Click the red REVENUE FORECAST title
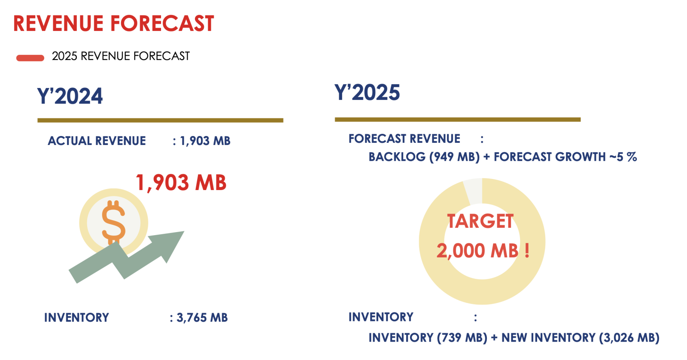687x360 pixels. (x=114, y=24)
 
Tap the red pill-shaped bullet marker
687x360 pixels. (x=30, y=58)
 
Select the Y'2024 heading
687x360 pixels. (x=70, y=96)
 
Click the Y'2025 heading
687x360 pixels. (x=367, y=92)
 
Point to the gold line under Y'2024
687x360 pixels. (x=161, y=121)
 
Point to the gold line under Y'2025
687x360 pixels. (x=458, y=119)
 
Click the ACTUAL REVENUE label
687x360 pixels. (x=97, y=141)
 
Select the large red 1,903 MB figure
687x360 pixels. (x=181, y=183)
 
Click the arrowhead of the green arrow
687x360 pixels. (x=170, y=244)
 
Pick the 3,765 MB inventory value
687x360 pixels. (x=202, y=318)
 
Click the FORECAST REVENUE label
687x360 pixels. (x=404, y=139)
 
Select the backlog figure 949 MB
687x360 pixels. (x=454, y=157)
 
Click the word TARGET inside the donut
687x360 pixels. (x=480, y=221)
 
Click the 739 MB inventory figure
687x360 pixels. (x=462, y=338)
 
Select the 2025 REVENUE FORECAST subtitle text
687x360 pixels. (x=121, y=56)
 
